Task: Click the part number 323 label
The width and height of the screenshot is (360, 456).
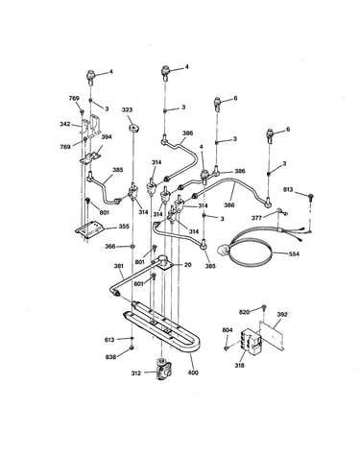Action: (x=127, y=109)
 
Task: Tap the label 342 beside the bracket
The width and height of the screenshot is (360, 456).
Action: (x=65, y=124)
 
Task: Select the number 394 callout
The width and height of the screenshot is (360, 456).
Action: (x=107, y=137)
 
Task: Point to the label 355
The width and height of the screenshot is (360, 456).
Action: (x=124, y=227)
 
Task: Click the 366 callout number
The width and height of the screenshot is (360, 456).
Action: (x=110, y=247)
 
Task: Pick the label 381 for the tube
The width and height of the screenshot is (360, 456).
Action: (x=119, y=266)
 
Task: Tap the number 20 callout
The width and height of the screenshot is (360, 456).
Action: (x=188, y=265)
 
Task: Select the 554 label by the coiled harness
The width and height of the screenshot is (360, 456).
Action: (x=294, y=253)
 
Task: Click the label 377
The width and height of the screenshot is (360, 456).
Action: (x=256, y=218)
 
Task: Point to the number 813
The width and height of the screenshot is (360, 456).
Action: (x=288, y=189)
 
